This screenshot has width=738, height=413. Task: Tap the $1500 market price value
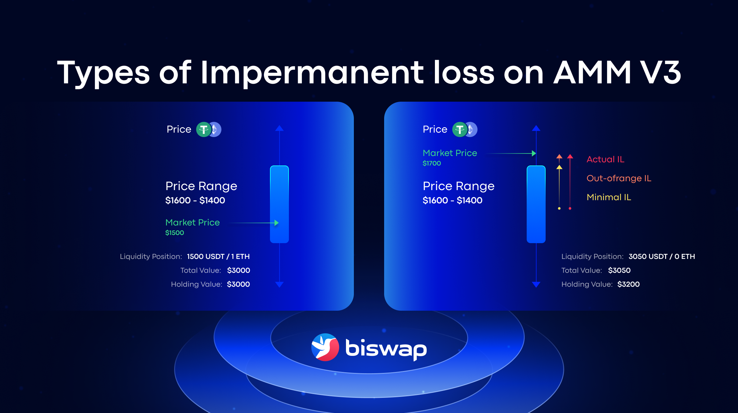click(x=175, y=233)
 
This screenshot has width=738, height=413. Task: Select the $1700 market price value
click(x=432, y=163)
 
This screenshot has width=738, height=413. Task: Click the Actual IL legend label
click(x=606, y=159)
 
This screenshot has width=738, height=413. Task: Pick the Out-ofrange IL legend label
click(x=619, y=178)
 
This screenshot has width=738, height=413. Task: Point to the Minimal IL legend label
click(x=609, y=197)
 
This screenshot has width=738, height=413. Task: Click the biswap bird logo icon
click(x=325, y=347)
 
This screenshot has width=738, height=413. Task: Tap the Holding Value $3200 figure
click(x=629, y=284)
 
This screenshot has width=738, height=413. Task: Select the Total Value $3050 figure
click(x=619, y=270)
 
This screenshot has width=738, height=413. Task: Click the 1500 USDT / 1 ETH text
click(x=218, y=256)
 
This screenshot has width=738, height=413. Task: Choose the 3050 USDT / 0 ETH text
click(x=662, y=256)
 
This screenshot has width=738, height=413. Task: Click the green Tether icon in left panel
click(x=204, y=129)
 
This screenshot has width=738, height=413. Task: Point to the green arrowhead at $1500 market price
click(x=277, y=223)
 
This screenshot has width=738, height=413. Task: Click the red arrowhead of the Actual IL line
click(x=570, y=156)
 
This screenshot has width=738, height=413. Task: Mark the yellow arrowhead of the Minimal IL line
click(x=559, y=167)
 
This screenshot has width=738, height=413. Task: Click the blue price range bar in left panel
click(x=279, y=204)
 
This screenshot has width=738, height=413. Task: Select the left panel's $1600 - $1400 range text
click(x=195, y=200)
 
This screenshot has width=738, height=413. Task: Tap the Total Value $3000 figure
click(x=239, y=270)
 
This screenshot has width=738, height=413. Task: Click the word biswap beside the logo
click(x=386, y=349)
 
